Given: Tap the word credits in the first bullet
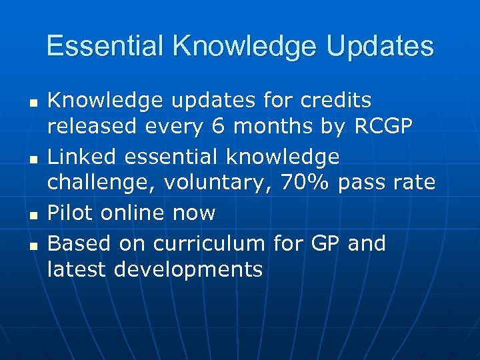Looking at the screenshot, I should click(x=337, y=100).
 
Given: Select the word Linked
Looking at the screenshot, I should click(x=79, y=157).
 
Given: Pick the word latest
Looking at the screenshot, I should click(x=78, y=270).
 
